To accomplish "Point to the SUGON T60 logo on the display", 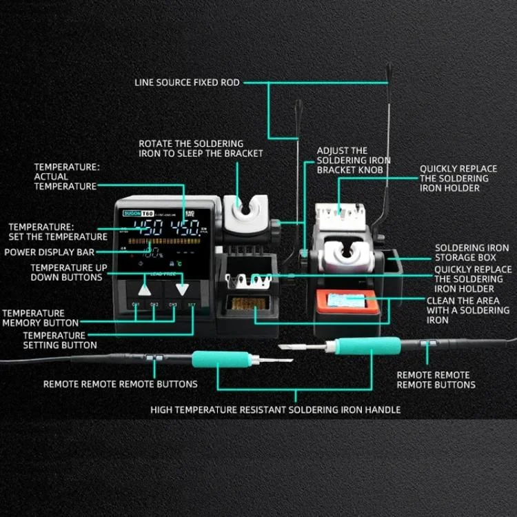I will click(x=134, y=214).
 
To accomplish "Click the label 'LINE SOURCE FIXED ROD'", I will click(x=187, y=83).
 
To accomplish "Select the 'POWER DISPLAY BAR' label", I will click(x=50, y=252).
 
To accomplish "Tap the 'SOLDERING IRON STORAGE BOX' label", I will click(x=472, y=252).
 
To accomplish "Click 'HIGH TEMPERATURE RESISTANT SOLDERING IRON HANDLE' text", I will click(x=275, y=409).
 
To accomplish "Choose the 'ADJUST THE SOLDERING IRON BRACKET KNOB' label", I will click(x=353, y=160).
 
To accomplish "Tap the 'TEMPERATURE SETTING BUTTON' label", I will click(x=60, y=340).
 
